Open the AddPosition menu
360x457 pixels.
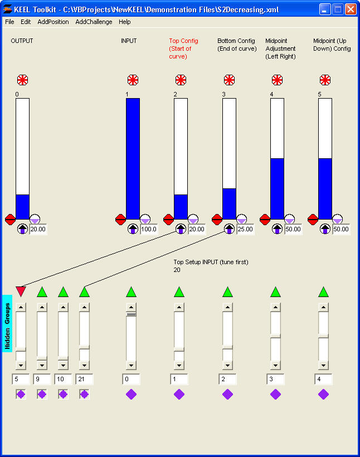click(53, 22)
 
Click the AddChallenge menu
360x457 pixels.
click(94, 22)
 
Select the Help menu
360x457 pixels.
click(125, 22)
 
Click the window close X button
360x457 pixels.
click(351, 9)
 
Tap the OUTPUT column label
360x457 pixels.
click(22, 41)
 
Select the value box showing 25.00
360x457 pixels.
click(245, 229)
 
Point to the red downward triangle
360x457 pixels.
click(21, 291)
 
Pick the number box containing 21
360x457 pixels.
click(84, 379)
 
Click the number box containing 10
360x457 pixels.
click(63, 379)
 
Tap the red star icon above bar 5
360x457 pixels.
click(325, 80)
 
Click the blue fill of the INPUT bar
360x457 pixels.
click(133, 159)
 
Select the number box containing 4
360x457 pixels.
click(323, 379)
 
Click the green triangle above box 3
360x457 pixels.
click(275, 291)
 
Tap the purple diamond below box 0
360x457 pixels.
click(131, 394)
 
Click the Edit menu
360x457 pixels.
click(26, 22)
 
